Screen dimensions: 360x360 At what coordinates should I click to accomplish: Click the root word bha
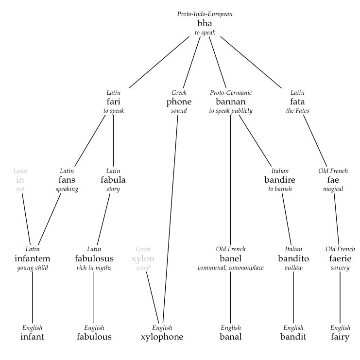click(205, 23)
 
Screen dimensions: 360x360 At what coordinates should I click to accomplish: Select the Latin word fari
click(113, 102)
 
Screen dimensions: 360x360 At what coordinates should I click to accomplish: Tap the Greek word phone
click(179, 102)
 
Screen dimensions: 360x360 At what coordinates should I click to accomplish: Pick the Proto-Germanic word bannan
click(231, 102)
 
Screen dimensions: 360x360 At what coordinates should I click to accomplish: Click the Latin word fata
click(297, 102)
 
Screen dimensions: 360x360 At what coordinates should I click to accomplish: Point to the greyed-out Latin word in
click(20, 180)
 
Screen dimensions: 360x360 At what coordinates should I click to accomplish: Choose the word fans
click(67, 180)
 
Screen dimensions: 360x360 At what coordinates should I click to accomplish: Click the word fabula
click(113, 180)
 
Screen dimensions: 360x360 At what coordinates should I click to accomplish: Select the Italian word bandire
click(280, 180)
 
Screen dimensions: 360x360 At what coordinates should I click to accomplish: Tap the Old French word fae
click(333, 180)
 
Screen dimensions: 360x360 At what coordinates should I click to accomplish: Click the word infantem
click(33, 258)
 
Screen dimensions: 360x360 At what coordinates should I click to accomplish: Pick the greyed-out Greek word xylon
click(143, 258)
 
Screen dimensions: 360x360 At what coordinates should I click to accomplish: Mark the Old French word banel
click(230, 258)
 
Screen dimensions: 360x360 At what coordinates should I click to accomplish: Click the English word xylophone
click(162, 337)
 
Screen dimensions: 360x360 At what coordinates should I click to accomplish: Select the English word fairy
click(340, 337)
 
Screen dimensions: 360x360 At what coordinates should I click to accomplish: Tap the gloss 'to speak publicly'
click(231, 111)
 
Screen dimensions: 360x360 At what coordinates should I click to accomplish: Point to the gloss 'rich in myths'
click(94, 268)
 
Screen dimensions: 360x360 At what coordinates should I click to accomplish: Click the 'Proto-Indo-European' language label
click(205, 14)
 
